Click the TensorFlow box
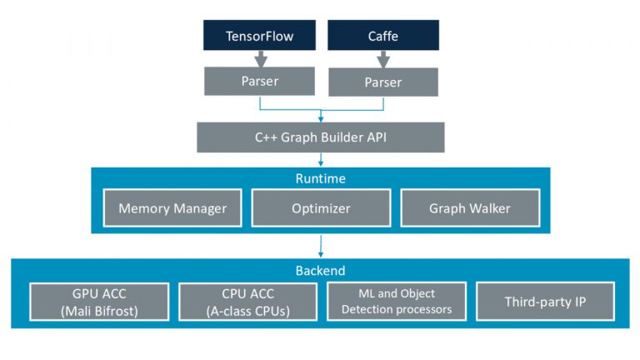(259, 36)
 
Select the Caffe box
(382, 36)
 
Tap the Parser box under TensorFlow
(259, 81)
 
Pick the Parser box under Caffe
(382, 82)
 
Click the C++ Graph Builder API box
(320, 137)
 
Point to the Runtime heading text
(320, 178)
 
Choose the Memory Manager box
(172, 208)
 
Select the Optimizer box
(321, 208)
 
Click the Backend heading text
(320, 271)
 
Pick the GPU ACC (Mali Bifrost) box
(98, 302)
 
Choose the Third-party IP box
(546, 302)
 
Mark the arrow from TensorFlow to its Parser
(259, 58)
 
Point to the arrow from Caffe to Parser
(382, 59)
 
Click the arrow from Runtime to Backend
(320, 245)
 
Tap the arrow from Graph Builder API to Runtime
(320, 160)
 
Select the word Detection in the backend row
(369, 309)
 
